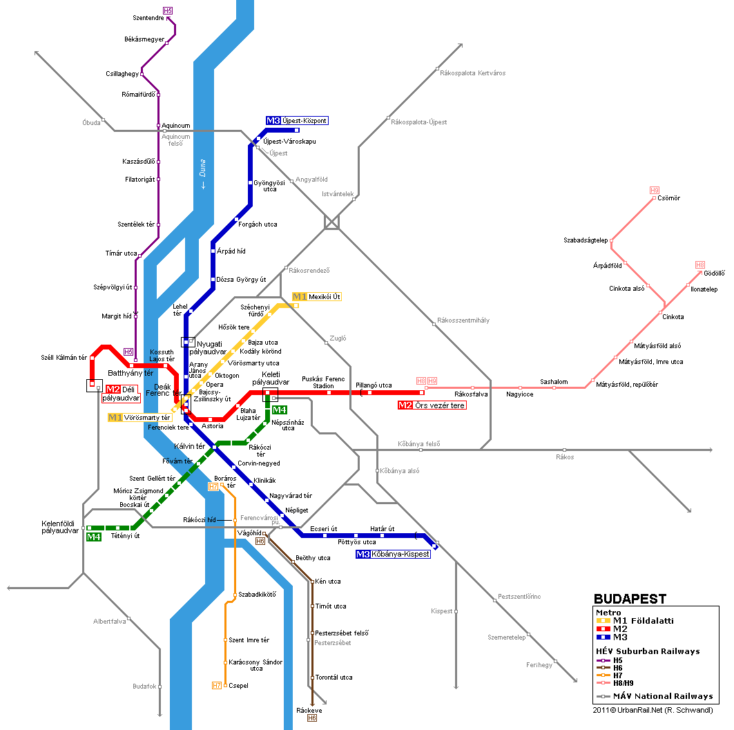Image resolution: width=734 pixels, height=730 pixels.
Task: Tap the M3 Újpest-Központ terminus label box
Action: click(x=296, y=121)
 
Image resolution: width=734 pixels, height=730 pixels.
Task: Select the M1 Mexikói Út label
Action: click(x=317, y=297)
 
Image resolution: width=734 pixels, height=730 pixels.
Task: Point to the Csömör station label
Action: click(x=669, y=198)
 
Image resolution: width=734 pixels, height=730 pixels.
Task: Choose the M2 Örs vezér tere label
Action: click(x=432, y=405)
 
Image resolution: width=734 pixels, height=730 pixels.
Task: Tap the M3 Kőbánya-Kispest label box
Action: click(x=393, y=554)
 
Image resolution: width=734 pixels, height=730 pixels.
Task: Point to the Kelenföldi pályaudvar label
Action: click(x=61, y=528)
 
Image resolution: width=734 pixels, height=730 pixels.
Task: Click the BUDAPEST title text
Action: click(x=630, y=599)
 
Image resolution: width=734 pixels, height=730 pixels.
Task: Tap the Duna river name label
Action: click(x=203, y=173)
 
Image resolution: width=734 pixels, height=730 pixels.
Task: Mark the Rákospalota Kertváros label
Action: click(x=472, y=73)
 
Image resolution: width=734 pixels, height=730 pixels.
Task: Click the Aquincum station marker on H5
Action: click(x=159, y=126)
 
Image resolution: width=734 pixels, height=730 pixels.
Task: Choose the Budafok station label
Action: click(x=144, y=686)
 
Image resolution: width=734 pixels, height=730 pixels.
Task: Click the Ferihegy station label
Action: click(x=539, y=665)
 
